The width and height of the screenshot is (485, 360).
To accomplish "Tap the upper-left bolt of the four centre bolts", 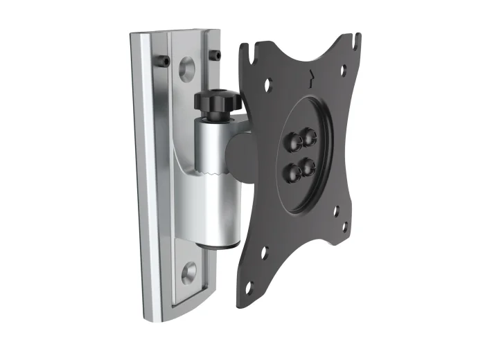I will click(291, 141).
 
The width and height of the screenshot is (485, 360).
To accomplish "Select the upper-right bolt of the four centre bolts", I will click(308, 136).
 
